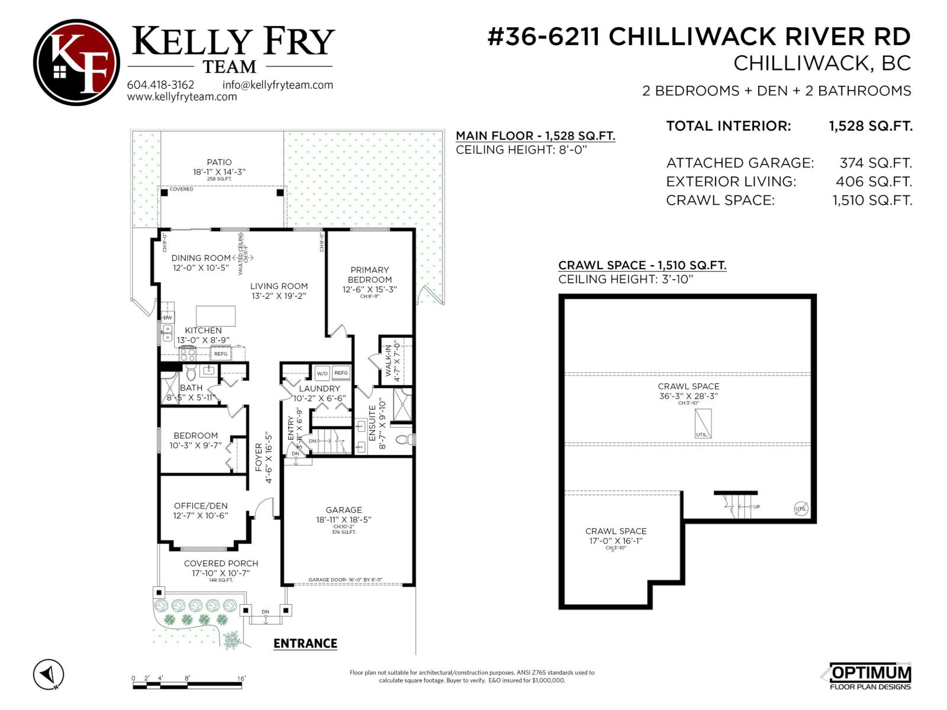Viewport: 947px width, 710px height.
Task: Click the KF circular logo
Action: [x=76, y=62]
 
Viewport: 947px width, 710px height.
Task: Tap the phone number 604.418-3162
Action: [x=160, y=85]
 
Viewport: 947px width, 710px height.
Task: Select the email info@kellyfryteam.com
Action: [x=278, y=85]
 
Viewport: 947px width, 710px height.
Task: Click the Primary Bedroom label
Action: [x=369, y=275]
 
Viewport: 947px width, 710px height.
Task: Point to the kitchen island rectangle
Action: [x=215, y=316]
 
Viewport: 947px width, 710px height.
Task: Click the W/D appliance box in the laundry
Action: [x=322, y=373]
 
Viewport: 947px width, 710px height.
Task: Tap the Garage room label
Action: [x=343, y=510]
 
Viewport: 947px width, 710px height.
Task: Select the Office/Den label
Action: [x=201, y=506]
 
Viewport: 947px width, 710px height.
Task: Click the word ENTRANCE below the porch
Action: [x=305, y=644]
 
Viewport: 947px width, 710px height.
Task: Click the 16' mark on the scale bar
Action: [x=241, y=679]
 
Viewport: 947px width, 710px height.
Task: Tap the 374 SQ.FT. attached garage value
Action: [x=875, y=163]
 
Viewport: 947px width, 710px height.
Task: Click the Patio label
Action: [x=219, y=162]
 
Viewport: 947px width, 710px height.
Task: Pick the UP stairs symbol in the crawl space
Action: [x=740, y=506]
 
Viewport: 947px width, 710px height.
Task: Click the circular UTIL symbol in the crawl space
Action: [x=800, y=508]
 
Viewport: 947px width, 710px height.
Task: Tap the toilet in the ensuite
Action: [x=404, y=440]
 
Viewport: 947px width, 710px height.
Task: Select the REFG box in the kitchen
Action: [x=221, y=354]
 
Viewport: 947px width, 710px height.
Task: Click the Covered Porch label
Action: [x=221, y=563]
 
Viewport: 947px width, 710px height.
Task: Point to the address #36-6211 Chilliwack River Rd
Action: [x=699, y=37]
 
